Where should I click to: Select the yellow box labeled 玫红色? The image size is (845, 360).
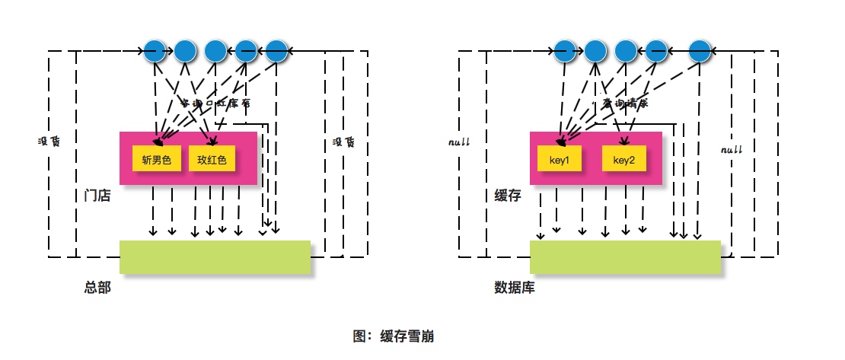pyautogui.click(x=212, y=160)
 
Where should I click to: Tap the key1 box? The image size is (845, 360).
pyautogui.click(x=560, y=160)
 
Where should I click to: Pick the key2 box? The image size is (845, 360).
pyautogui.click(x=624, y=160)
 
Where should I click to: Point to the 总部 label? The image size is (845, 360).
pyautogui.click(x=97, y=288)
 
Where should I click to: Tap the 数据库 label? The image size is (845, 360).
pyautogui.click(x=515, y=288)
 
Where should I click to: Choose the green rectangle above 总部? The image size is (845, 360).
pyautogui.click(x=215, y=257)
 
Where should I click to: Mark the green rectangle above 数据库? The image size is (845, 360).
pyautogui.click(x=625, y=257)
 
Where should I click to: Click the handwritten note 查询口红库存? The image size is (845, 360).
pyautogui.click(x=215, y=102)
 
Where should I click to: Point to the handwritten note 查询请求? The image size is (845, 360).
pyautogui.click(x=624, y=103)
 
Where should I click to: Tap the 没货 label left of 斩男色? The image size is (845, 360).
pyautogui.click(x=49, y=142)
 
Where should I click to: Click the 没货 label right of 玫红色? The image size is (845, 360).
pyautogui.click(x=344, y=142)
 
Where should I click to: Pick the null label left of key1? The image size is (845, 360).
pyautogui.click(x=460, y=142)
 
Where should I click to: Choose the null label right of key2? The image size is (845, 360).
pyautogui.click(x=731, y=150)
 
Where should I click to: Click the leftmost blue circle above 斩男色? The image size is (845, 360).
pyautogui.click(x=155, y=51)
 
